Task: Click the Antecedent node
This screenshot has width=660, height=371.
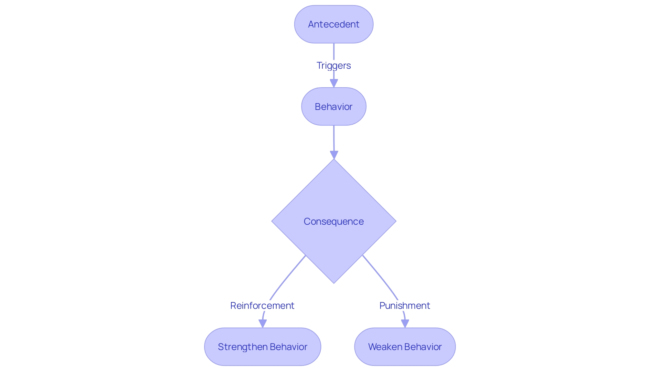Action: click(x=333, y=24)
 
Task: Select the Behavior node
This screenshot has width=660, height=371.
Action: click(x=333, y=106)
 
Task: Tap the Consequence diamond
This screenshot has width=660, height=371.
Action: click(x=333, y=221)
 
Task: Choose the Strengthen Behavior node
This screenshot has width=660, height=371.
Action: click(x=262, y=347)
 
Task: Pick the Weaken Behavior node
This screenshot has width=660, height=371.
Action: click(x=405, y=347)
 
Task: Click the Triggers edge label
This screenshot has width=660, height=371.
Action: click(x=333, y=65)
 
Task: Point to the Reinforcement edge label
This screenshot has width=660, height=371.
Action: click(x=262, y=305)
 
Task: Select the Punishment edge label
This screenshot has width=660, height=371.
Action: click(x=405, y=305)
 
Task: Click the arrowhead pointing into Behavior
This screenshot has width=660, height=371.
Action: click(x=334, y=83)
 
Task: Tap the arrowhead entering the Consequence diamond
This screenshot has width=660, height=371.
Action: click(x=334, y=155)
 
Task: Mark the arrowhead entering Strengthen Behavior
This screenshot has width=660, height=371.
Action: click(x=263, y=323)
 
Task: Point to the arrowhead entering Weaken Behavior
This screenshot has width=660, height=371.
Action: click(x=405, y=323)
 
